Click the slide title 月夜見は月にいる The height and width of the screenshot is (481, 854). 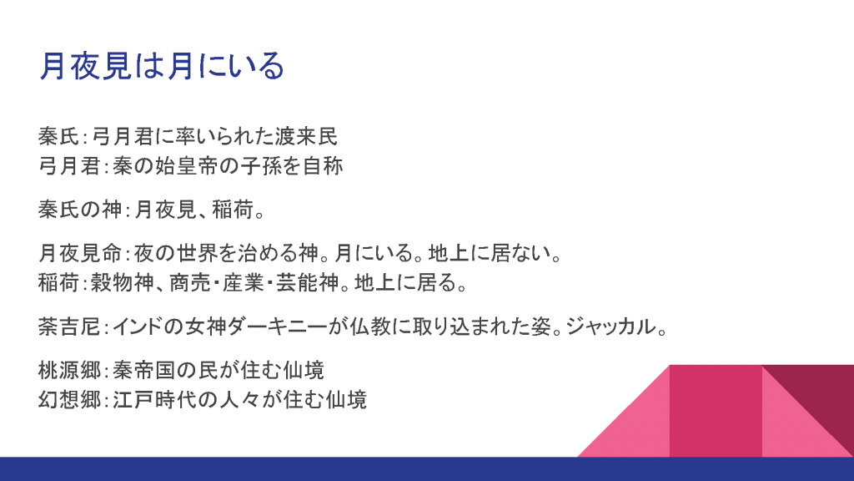coord(162,66)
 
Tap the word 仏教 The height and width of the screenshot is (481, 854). coord(370,327)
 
